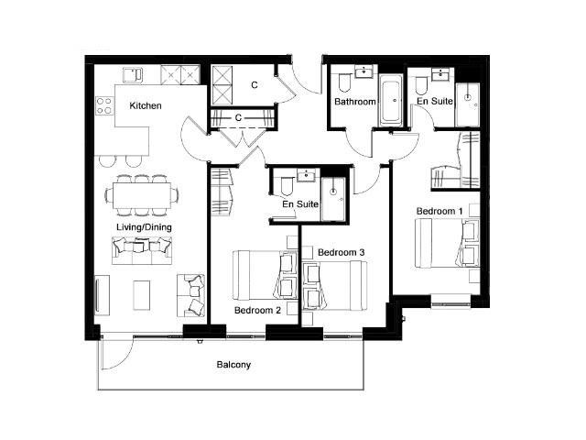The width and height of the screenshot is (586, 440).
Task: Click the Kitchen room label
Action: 146,106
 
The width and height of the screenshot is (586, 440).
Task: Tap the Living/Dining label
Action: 144,227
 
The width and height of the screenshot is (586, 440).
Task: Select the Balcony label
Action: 233,365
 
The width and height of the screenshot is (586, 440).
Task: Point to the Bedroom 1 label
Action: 439,211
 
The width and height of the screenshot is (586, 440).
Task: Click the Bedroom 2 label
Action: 257,310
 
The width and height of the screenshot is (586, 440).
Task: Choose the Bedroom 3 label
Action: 341,253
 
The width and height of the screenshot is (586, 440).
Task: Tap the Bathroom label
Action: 355,102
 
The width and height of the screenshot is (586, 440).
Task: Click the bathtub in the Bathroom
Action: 391,100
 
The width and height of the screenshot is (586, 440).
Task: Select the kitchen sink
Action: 133,75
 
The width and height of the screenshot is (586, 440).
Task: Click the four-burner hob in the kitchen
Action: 104,105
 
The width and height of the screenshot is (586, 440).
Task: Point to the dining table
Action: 142,195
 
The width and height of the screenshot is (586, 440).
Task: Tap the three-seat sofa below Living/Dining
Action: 142,250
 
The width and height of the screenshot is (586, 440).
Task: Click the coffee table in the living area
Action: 142,295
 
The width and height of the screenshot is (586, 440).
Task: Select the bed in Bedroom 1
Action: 448,243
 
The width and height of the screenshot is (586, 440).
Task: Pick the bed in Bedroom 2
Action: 266,275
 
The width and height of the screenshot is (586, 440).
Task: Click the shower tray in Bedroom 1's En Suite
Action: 468,104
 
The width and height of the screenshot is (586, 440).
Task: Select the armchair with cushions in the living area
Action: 190,295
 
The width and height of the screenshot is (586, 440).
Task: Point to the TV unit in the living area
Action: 102,295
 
